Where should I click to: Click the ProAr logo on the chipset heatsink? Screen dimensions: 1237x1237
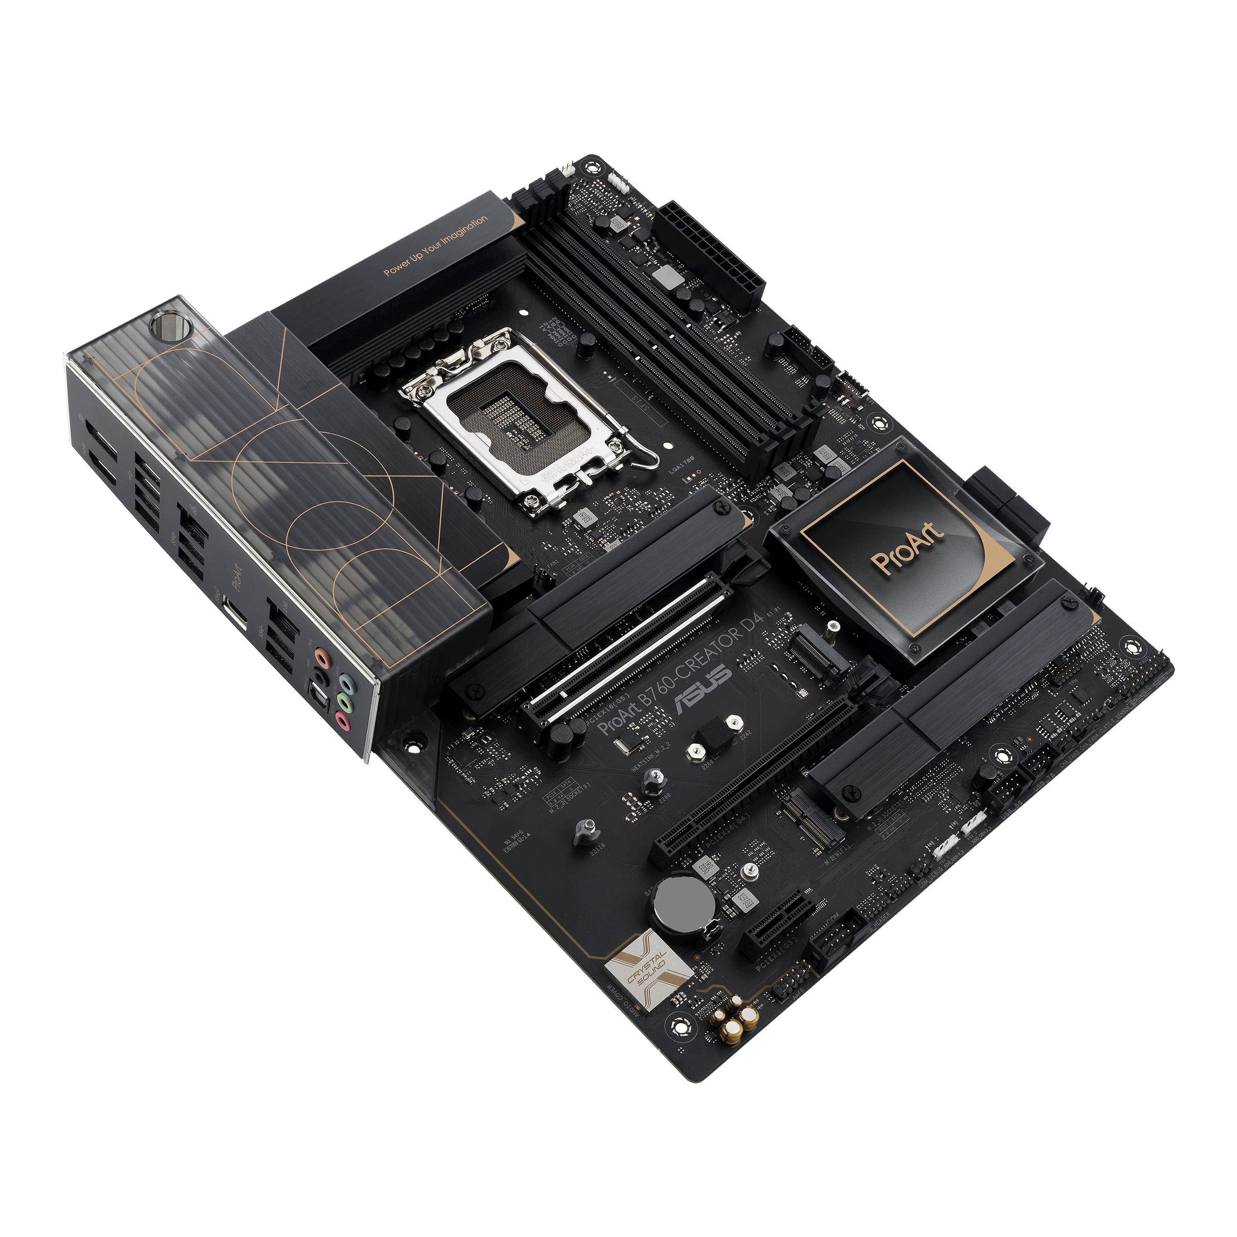908,549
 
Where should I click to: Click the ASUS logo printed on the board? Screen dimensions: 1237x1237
703,689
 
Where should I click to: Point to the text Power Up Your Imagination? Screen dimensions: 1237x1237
436,245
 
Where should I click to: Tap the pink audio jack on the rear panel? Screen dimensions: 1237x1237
344,722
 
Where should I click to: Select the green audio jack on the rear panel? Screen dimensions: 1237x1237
344,701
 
